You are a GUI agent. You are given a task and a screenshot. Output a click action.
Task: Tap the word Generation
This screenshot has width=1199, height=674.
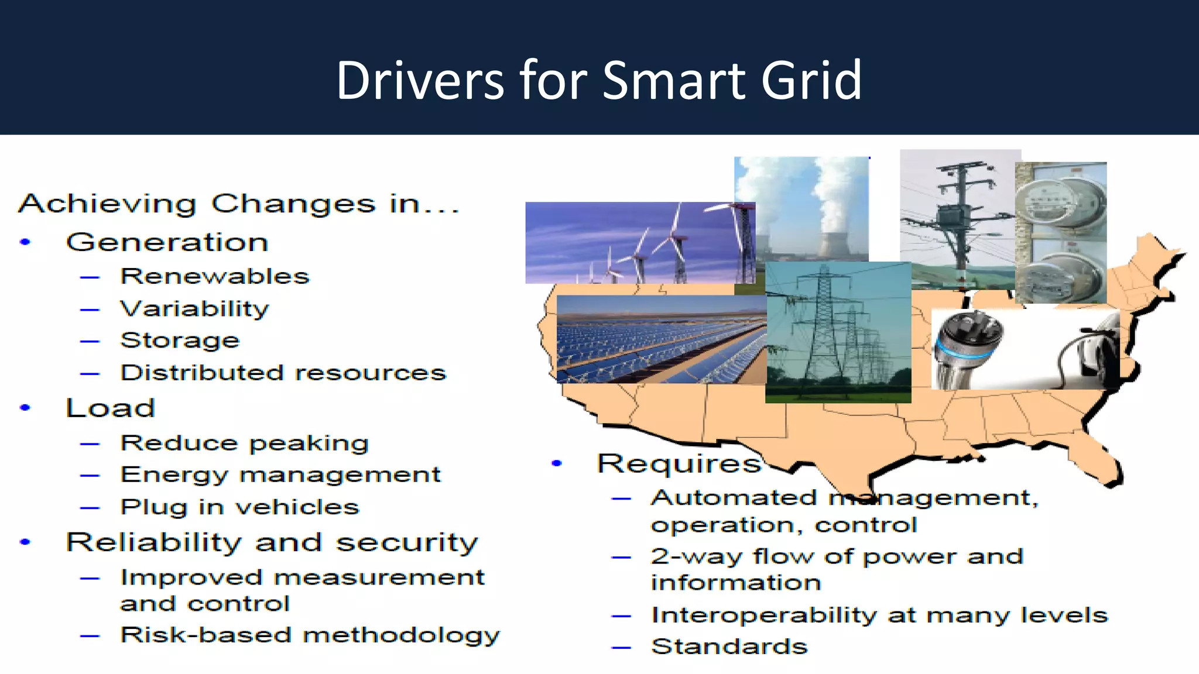click(x=167, y=242)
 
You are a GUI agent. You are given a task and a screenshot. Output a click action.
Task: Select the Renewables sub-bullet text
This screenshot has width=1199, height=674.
click(x=214, y=276)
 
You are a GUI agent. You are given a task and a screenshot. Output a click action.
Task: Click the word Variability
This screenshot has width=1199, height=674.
click(x=194, y=308)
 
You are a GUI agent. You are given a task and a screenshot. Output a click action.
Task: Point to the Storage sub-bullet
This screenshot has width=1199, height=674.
click(x=180, y=341)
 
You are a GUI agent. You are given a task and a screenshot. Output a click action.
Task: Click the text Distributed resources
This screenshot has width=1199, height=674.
click(x=283, y=373)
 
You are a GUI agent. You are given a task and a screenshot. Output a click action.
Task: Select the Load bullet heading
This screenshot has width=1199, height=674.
click(x=110, y=408)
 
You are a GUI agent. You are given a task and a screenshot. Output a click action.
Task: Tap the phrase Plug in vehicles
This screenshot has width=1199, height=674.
click(x=239, y=507)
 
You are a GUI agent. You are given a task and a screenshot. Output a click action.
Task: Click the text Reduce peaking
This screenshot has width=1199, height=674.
click(x=244, y=443)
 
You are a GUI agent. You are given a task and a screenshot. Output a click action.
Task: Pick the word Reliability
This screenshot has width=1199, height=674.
click(x=153, y=542)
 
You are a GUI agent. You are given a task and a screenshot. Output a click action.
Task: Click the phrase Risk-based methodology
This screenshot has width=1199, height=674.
click(x=310, y=635)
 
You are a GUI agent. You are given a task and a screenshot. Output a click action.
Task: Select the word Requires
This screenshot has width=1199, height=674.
click(x=679, y=463)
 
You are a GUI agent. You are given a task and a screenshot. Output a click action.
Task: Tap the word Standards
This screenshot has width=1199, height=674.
click(x=729, y=647)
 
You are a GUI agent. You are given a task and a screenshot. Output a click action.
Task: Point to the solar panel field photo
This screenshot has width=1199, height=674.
click(x=660, y=339)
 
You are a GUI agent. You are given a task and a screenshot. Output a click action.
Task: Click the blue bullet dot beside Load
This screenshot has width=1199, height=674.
click(x=25, y=408)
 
